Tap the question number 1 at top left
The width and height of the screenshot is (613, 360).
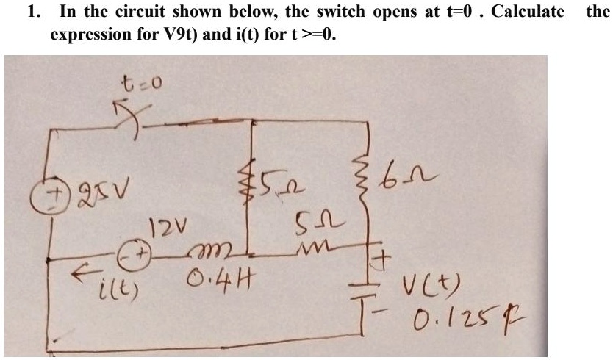coord(31,11)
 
